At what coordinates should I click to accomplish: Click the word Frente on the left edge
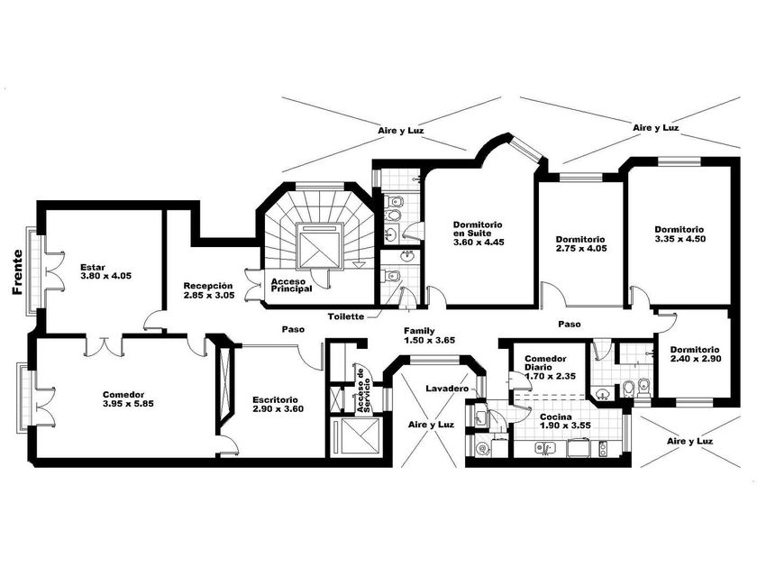coord(17,272)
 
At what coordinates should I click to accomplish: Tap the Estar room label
coord(105,271)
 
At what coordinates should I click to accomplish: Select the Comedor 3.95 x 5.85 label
coord(128,399)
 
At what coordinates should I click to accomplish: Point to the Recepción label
coord(209,290)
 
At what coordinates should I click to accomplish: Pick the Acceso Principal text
coord(291,285)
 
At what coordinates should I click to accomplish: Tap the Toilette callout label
coord(346,316)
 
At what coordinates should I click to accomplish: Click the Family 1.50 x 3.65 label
coord(429,335)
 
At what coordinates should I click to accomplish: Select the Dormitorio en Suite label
coord(478,234)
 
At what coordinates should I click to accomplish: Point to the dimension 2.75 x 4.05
coord(580,249)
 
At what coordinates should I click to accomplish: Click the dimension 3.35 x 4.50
coord(680,239)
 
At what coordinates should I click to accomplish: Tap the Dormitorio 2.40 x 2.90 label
coord(695,354)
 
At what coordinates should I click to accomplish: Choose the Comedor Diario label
coord(550,367)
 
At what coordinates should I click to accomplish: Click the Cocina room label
coord(565,421)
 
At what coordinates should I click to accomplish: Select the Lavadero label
coord(447,389)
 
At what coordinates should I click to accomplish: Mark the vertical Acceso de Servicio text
coord(363,390)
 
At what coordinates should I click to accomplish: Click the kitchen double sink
coord(545,448)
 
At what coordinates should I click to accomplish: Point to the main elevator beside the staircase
coord(320,246)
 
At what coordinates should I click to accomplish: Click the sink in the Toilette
coord(408,255)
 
